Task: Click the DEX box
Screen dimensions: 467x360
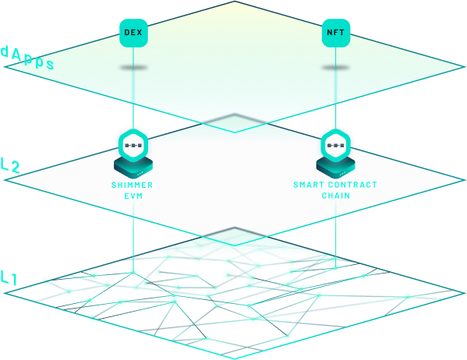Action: (x=133, y=33)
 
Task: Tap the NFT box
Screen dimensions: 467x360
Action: (x=336, y=33)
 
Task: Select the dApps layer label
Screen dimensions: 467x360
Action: (x=27, y=58)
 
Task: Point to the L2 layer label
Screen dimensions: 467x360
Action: (x=10, y=165)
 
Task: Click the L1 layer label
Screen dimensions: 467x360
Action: (x=9, y=277)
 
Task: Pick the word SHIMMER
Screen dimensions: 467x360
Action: (x=132, y=185)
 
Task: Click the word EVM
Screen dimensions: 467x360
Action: (x=133, y=196)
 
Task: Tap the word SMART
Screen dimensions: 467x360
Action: (x=309, y=185)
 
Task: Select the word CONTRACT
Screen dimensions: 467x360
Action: (x=352, y=185)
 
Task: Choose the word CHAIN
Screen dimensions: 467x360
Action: (x=336, y=196)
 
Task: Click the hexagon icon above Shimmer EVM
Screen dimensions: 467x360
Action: (x=133, y=145)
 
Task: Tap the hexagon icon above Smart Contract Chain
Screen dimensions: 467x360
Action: (x=336, y=145)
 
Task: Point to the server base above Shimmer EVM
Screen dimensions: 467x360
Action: (x=133, y=168)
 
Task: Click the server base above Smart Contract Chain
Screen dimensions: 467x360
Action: (x=336, y=168)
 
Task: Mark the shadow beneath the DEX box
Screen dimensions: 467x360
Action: (x=133, y=68)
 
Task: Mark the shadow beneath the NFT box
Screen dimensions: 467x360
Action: (x=336, y=68)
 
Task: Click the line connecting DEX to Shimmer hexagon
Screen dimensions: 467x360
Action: (x=133, y=88)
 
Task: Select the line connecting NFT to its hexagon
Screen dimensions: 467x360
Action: (x=336, y=88)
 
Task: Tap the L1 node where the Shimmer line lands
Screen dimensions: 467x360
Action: (x=133, y=273)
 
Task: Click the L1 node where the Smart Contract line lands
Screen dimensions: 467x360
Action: (x=336, y=268)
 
